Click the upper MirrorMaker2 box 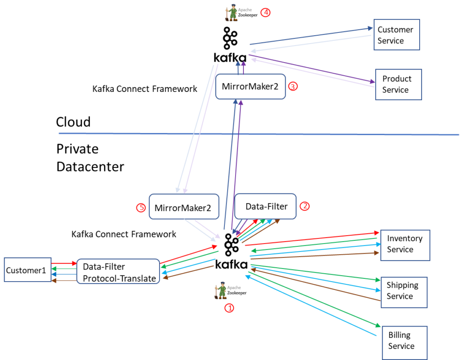point(250,86)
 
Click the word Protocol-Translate point(119,278)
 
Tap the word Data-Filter point(104,266)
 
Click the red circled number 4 point(265,13)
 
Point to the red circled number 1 point(229,308)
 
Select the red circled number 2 point(305,206)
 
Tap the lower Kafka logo point(231,251)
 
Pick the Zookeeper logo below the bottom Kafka point(230,290)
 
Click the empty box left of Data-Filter point(27,270)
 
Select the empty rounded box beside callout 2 point(265,206)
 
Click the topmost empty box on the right point(396,34)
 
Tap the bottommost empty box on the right point(404,342)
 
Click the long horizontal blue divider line point(139,134)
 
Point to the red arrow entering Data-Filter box point(64,263)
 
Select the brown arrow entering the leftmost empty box point(64,280)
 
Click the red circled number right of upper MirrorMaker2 point(292,86)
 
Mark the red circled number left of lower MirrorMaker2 point(141,208)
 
